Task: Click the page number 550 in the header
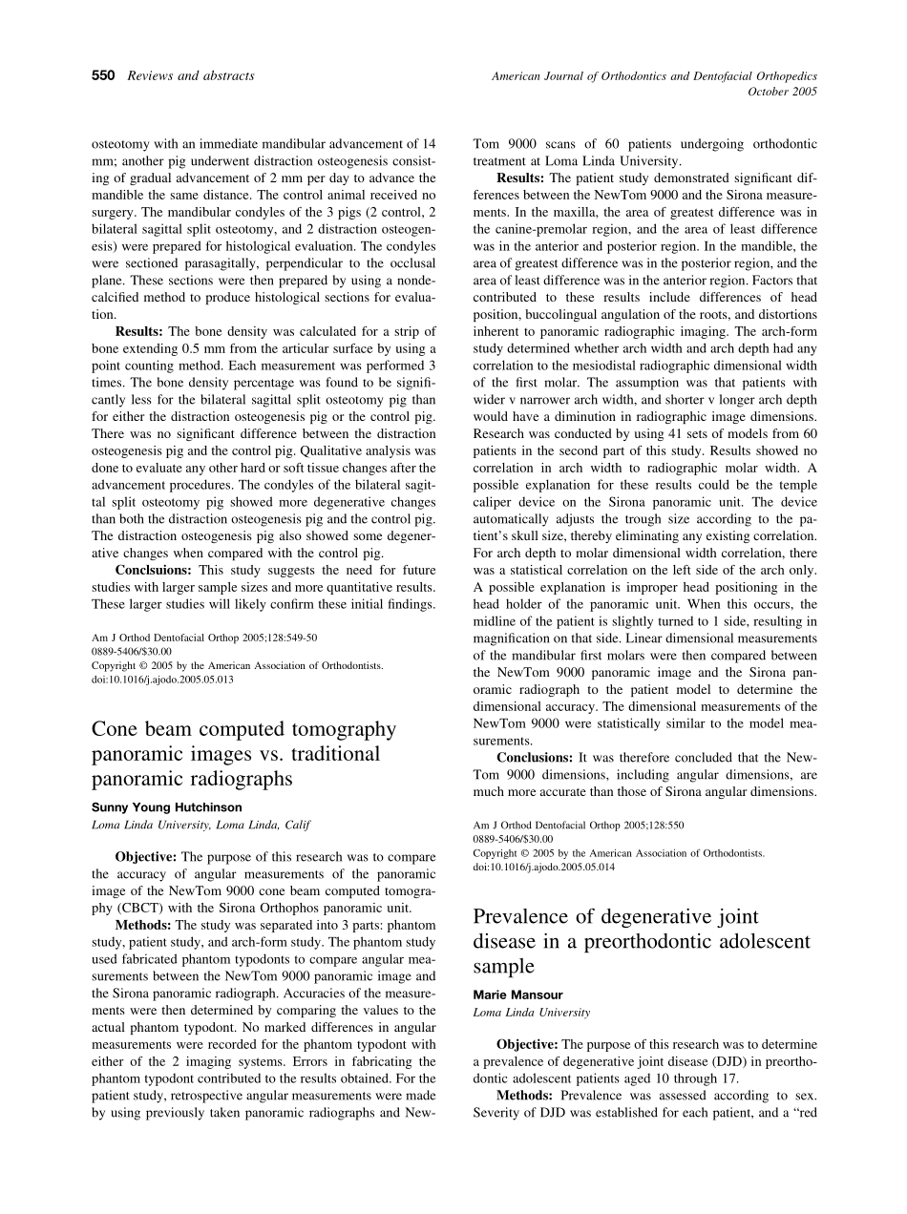[x=103, y=75]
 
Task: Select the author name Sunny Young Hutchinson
[x=166, y=806]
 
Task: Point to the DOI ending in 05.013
[x=162, y=680]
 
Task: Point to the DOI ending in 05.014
[x=544, y=867]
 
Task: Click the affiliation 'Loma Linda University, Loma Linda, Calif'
[x=200, y=825]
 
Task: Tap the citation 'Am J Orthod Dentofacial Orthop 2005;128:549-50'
[x=204, y=637]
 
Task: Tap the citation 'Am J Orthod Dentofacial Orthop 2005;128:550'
[x=579, y=825]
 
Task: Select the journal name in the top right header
[x=654, y=75]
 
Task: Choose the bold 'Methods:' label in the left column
[x=144, y=925]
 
